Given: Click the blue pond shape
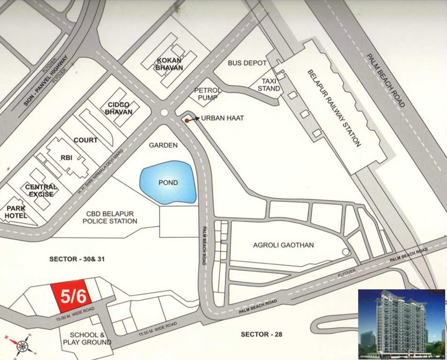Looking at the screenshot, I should (167, 182).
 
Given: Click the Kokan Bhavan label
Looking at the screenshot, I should (169, 64).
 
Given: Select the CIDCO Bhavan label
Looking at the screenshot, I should (119, 108).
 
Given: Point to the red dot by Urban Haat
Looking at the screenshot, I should (187, 120).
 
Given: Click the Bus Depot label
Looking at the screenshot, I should (247, 63).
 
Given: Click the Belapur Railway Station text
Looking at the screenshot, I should (334, 108).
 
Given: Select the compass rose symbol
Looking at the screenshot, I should (22, 346).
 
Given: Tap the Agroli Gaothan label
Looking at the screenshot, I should (283, 245).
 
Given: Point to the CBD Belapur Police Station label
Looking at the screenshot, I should (110, 217).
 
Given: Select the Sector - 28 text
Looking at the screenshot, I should (261, 334).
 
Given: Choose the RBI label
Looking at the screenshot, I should (66, 158).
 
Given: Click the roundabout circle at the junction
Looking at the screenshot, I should (164, 112).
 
